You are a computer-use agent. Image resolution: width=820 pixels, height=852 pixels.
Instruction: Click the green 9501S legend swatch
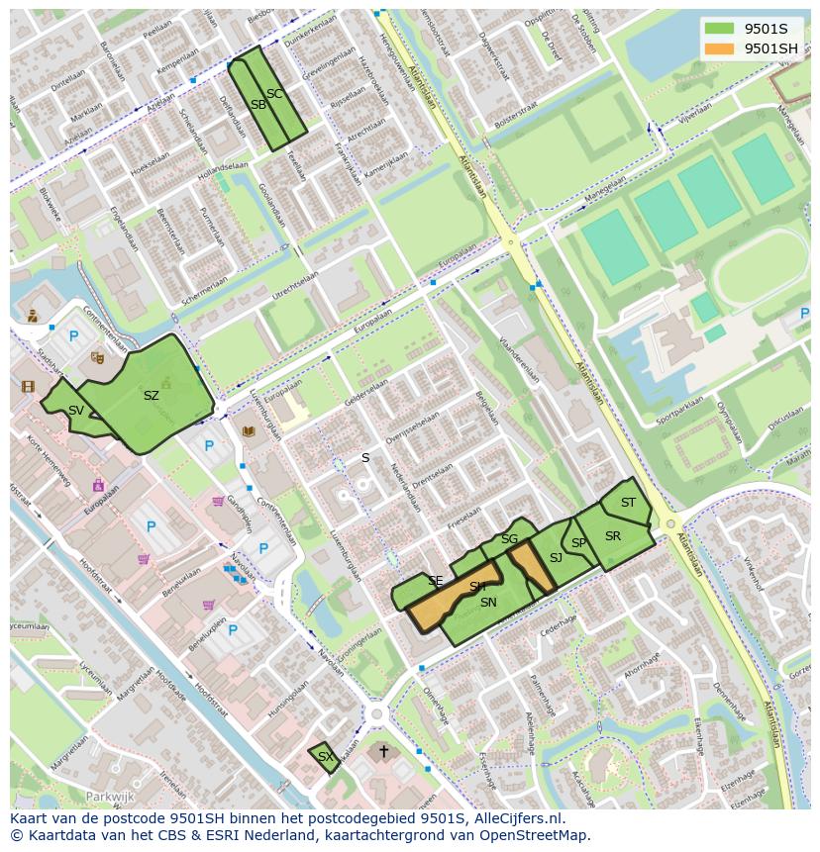(720, 28)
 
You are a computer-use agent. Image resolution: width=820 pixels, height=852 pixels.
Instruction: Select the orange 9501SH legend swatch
(720, 48)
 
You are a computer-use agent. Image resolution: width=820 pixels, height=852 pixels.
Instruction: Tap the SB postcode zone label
(257, 105)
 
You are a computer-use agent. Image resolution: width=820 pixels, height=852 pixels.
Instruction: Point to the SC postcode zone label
(275, 94)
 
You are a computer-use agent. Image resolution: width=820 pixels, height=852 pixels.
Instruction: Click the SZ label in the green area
(151, 396)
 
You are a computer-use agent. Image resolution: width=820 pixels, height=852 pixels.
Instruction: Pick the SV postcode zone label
(76, 410)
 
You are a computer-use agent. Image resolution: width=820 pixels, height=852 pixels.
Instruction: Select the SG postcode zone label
(509, 539)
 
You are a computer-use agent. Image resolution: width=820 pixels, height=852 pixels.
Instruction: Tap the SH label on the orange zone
(477, 587)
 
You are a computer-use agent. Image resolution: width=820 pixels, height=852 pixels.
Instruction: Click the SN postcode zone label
(488, 603)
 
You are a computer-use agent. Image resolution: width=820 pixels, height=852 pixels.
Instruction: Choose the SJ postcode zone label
(556, 558)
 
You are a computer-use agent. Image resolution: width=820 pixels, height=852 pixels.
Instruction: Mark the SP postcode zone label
(578, 543)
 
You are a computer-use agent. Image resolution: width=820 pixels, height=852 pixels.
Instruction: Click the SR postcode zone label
(613, 536)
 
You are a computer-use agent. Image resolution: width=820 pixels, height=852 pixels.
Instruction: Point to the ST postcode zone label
(628, 503)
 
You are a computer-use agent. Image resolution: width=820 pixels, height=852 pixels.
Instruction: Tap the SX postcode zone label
(324, 757)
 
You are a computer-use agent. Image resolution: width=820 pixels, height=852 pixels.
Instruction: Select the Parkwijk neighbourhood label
(109, 796)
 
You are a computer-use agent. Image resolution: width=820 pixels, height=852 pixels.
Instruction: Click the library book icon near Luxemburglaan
(248, 431)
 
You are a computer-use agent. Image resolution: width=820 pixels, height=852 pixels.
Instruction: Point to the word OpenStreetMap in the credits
(531, 835)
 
